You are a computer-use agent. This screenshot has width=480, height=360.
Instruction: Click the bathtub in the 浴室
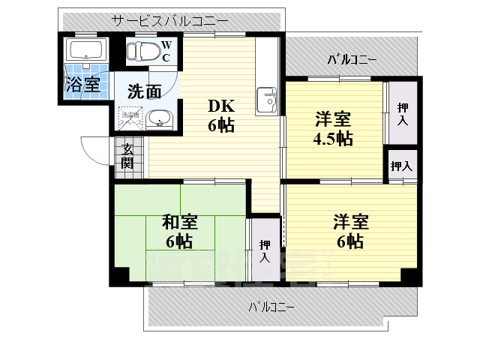point(88,52)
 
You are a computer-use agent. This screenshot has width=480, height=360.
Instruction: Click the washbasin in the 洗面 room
point(158,118)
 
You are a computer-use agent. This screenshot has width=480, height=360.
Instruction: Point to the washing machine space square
point(129,118)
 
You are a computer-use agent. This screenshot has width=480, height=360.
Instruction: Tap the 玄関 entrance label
point(128,154)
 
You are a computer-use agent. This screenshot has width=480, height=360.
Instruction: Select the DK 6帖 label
point(221,116)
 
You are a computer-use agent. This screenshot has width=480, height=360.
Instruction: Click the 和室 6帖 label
point(180,230)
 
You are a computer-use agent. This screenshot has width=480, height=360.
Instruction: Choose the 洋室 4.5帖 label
point(333,127)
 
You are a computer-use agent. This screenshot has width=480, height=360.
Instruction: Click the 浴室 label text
point(82,84)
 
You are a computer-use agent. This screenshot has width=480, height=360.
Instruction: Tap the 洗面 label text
point(144,92)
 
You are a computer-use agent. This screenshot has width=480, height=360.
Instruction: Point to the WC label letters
point(166,51)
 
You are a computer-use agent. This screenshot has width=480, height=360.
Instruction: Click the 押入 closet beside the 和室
point(265,250)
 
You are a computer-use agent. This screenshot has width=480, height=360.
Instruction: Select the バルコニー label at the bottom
point(271,307)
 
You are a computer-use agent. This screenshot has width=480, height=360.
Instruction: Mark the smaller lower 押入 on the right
point(402,166)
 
